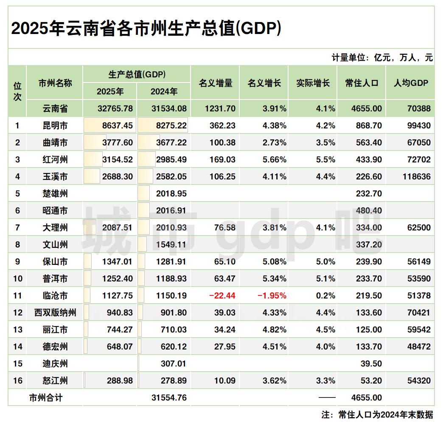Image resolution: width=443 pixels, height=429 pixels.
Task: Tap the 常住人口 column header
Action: (362, 83)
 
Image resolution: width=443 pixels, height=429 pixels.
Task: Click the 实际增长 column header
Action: (313, 83)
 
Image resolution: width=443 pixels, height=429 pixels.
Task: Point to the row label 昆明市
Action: (55, 125)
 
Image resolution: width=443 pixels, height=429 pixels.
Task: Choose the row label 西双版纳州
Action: (55, 313)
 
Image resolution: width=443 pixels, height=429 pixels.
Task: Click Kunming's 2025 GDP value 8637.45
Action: (118, 125)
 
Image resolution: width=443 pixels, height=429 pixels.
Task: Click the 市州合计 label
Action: (45, 398)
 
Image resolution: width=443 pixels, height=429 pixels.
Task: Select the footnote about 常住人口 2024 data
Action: (377, 415)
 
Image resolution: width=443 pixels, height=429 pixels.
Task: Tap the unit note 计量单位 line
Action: (382, 58)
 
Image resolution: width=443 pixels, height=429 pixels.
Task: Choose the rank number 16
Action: (17, 381)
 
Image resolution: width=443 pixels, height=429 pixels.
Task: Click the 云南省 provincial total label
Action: (55, 108)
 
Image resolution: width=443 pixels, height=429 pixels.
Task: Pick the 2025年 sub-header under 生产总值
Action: (110, 91)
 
